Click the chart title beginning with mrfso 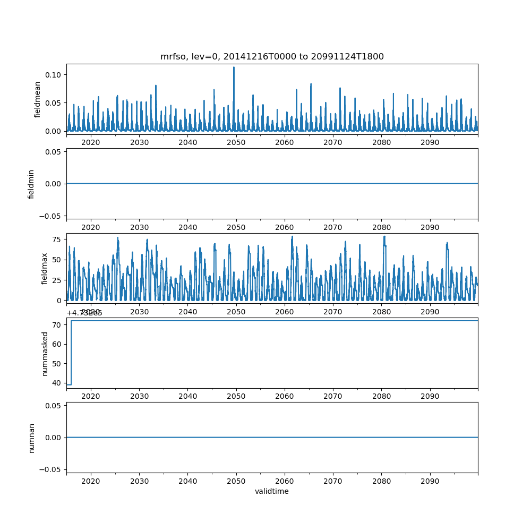coord(272,56)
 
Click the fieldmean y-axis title coord(37,99)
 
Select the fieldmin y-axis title coord(31,184)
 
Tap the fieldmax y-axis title coord(45,268)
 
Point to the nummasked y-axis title coord(45,353)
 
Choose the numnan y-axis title coord(31,438)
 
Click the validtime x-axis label coord(272,491)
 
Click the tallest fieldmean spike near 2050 coord(234,68)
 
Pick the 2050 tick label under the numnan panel coord(236,481)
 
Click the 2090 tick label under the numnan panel coord(430,481)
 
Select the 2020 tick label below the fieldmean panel coord(91,143)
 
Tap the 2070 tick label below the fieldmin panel coord(333,227)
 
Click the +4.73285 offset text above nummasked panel coord(84,313)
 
